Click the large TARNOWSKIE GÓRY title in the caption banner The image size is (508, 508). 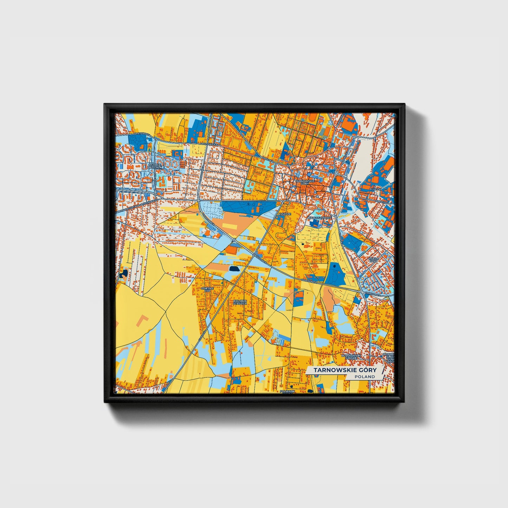pos(345,370)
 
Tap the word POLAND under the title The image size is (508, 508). pos(365,377)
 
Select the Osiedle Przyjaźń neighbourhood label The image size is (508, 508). pos(155,166)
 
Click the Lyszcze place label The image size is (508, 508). pos(284,214)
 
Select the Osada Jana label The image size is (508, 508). pos(373,259)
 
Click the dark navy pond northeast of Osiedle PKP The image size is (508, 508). pos(233,269)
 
